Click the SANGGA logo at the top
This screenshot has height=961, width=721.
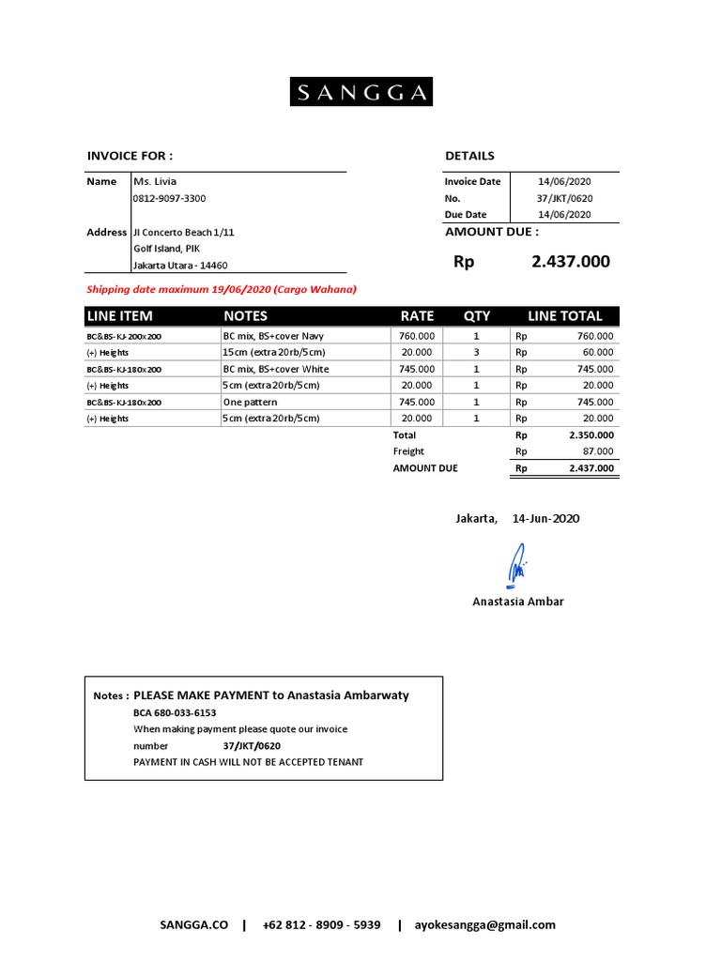click(x=360, y=92)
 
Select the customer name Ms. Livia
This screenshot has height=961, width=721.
click(x=155, y=181)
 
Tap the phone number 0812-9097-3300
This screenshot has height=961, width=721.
click(x=170, y=198)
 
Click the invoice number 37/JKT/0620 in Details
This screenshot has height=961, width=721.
click(x=564, y=198)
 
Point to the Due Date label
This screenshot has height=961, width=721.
click(x=466, y=214)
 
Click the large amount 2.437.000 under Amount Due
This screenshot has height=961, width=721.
click(x=570, y=262)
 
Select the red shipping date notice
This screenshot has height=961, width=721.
click(x=222, y=290)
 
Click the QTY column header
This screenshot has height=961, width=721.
click(x=476, y=316)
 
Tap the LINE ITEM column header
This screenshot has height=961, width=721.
click(x=120, y=316)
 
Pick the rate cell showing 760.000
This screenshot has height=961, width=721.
click(x=417, y=336)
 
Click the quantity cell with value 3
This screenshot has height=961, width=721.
click(x=476, y=352)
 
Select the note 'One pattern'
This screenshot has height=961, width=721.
click(x=250, y=402)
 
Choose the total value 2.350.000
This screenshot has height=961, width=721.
click(x=591, y=435)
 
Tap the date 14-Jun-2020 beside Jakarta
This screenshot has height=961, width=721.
click(x=545, y=518)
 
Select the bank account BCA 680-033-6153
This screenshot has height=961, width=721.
click(x=175, y=712)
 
